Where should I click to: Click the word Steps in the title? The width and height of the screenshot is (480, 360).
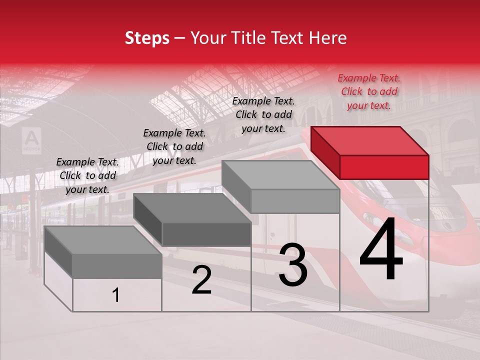pos(147,38)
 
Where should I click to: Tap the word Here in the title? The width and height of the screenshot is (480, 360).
pos(328,38)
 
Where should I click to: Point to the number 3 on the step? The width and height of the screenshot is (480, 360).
pos(293,264)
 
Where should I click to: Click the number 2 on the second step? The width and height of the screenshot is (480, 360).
pos(201,280)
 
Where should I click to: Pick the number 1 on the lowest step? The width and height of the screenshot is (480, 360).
pos(116,295)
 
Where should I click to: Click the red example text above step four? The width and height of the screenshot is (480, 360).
pos(369,91)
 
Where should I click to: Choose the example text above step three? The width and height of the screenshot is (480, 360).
pos(263,114)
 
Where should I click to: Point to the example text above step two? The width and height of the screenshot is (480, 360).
pos(174,146)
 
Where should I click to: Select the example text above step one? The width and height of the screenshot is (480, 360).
pos(87,175)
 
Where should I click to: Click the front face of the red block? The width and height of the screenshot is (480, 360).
pos(384,167)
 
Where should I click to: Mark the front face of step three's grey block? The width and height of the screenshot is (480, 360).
pos(295,201)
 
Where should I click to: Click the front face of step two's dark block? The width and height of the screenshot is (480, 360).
pos(206,234)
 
